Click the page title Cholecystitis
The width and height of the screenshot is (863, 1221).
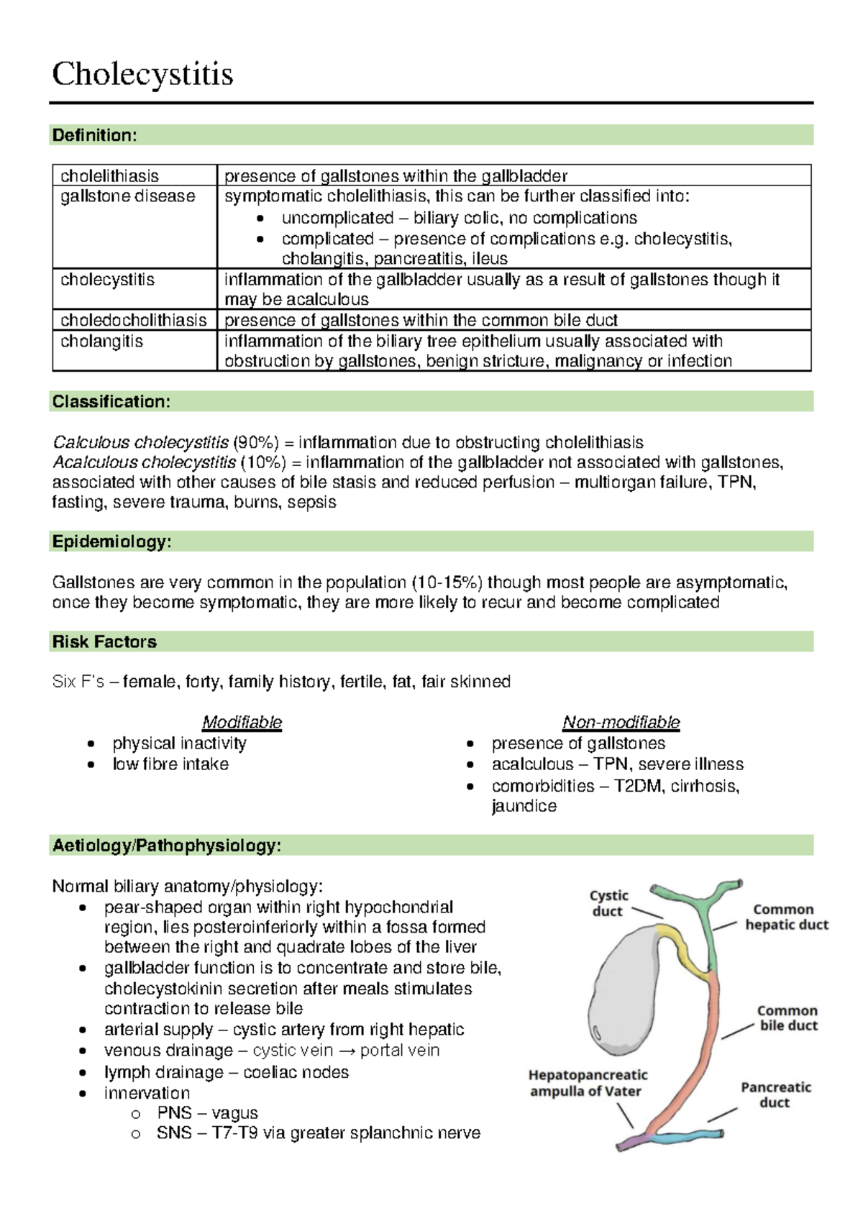pos(142,74)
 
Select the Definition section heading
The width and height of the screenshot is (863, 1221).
pos(94,135)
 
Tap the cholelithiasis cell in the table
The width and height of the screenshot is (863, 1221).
pos(109,175)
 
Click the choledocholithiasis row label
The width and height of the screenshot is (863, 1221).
pos(133,320)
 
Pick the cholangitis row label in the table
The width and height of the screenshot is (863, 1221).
pos(101,341)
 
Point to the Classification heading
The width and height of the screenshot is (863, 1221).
pos(111,401)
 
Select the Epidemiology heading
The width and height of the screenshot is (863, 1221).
pos(111,541)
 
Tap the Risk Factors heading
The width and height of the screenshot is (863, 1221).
pos(104,641)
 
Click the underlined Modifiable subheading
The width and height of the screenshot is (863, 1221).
pos(242,722)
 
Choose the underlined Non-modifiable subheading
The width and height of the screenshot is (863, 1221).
pos(621,722)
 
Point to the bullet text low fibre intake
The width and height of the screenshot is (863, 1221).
pos(170,764)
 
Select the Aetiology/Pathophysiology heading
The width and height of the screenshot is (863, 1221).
pos(166,845)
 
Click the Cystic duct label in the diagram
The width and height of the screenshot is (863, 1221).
pos(608,903)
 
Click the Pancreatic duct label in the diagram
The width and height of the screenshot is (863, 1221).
pos(775,1094)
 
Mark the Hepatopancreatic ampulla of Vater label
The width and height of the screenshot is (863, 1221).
pos(587,1083)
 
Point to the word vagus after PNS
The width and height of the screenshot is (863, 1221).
pos(234,1113)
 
